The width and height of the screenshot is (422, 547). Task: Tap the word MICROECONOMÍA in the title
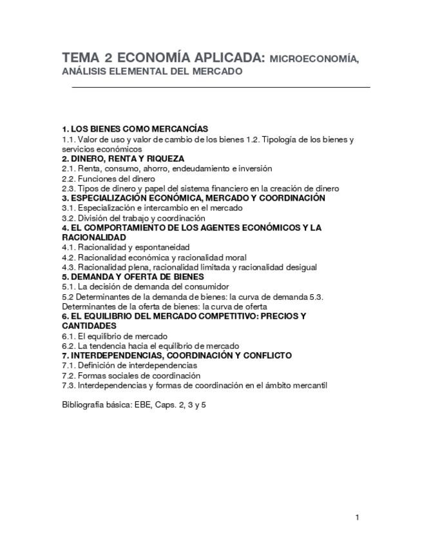pos(314,59)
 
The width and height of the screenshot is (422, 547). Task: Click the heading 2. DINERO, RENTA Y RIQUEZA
pos(123,159)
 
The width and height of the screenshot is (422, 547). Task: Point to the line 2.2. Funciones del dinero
pos(108,179)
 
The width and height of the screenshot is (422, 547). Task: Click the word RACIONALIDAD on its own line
pos(94,237)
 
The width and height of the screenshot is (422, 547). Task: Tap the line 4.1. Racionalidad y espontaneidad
pos(126,247)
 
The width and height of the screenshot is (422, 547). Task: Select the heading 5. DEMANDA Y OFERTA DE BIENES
pos(133,277)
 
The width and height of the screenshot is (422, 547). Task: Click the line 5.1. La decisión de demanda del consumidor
pos(145,286)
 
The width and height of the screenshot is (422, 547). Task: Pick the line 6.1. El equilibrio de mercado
pos(115,336)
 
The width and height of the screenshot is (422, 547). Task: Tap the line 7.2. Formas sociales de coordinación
pos(131,375)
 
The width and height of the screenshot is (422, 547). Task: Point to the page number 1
pos(357,517)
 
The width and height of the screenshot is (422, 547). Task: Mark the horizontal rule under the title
pos(220,86)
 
